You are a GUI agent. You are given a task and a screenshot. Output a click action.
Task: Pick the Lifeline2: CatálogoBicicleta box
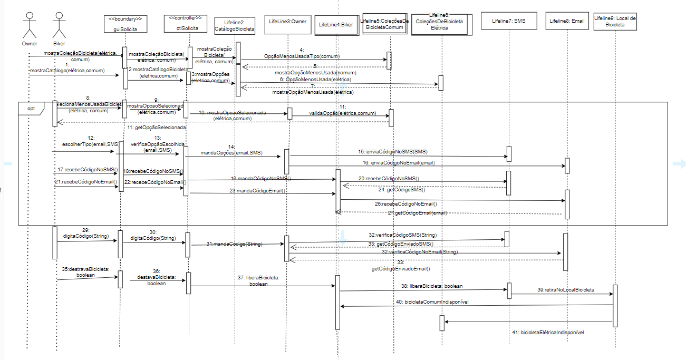(235, 26)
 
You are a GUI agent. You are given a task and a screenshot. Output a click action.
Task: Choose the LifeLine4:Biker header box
(335, 24)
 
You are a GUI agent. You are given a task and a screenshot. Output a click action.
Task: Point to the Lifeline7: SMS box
(508, 22)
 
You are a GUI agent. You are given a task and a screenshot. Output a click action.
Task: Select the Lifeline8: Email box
(567, 21)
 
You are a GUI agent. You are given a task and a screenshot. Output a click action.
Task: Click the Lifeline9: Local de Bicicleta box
(615, 21)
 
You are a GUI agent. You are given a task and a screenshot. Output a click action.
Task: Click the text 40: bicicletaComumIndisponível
(433, 301)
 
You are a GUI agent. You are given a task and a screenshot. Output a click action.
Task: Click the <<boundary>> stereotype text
(125, 19)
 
